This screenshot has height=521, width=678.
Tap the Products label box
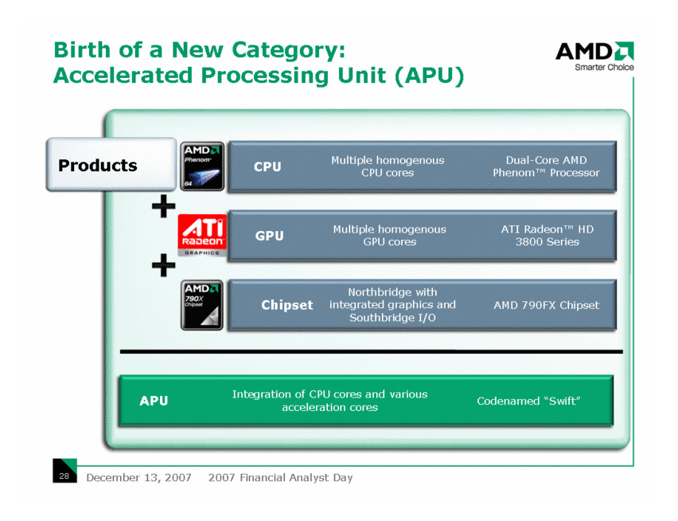click(x=111, y=164)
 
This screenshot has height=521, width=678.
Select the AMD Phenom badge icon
click(x=202, y=166)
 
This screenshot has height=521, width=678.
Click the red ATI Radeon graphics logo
click(x=202, y=235)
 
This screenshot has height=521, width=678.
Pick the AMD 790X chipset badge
click(x=202, y=305)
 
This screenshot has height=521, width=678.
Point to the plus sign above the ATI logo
click(x=163, y=206)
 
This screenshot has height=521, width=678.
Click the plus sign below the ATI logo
click(x=163, y=264)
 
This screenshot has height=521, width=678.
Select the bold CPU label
click(x=267, y=166)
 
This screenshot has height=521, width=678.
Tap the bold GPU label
click(x=269, y=236)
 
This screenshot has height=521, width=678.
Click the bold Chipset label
click(x=287, y=305)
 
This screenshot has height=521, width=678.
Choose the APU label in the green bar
click(x=154, y=401)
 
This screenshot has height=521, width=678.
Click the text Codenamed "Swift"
click(x=528, y=402)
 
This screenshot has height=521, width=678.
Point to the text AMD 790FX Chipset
click(x=547, y=305)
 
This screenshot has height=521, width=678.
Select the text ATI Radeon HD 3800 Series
click(x=547, y=235)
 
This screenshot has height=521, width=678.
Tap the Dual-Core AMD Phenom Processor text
click(x=546, y=166)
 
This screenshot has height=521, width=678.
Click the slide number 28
click(x=64, y=476)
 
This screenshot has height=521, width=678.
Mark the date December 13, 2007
click(x=138, y=477)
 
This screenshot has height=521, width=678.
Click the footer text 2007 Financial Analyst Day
click(x=281, y=477)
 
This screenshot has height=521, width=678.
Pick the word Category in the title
click(x=289, y=50)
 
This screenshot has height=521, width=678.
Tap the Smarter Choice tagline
click(x=604, y=67)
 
